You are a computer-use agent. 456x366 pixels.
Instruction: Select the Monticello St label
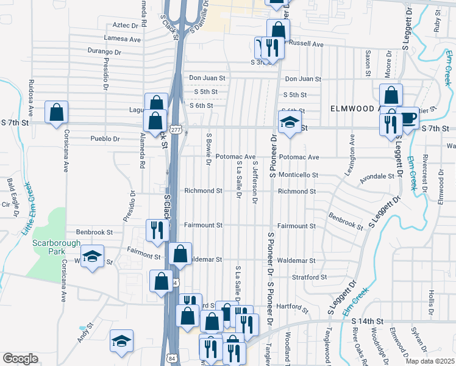tap(298, 174)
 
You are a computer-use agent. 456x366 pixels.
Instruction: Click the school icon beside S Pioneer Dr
tap(290, 122)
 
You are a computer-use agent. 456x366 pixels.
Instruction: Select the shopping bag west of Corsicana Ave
tap(56, 112)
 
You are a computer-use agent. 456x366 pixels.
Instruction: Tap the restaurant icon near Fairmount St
tap(157, 230)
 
